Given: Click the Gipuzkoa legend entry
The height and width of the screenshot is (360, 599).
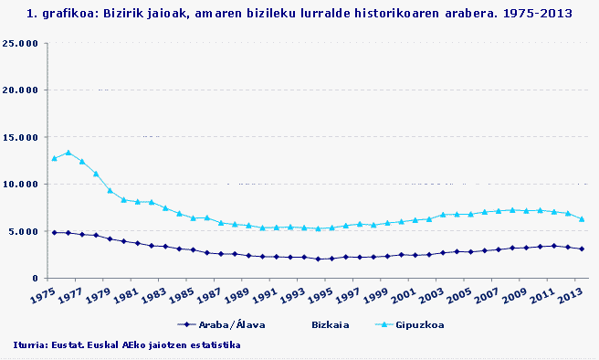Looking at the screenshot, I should coord(415,323).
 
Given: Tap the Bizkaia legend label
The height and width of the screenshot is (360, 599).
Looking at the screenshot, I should coord(330,323).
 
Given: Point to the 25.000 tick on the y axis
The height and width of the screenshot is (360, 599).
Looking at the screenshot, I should coord(21,44).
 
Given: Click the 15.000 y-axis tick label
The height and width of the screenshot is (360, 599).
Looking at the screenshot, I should coord(21,137).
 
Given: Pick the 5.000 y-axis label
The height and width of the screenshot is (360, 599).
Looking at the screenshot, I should coord(24,231).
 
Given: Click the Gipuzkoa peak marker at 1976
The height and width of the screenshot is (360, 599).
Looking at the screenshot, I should coord(68,153).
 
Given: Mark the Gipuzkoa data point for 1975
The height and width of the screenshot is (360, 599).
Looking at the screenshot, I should coord(54,158).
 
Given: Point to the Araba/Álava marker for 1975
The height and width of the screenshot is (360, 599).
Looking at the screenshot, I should coord(54,232).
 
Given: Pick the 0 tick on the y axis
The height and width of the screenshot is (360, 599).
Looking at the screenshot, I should coord(35,278).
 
